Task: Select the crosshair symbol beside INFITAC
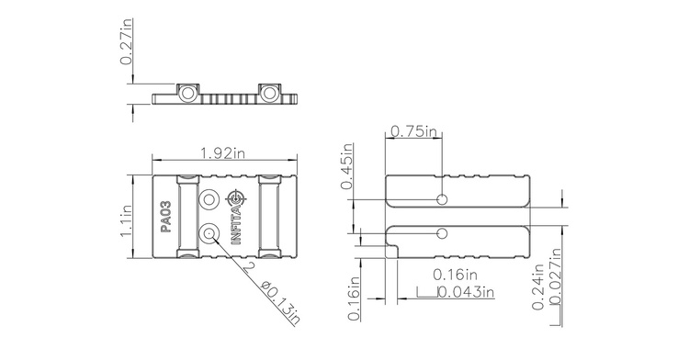click(237, 197)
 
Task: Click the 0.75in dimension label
click(413, 131)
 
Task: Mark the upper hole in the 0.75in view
click(443, 200)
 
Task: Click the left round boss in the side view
click(186, 93)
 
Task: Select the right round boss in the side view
click(269, 93)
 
